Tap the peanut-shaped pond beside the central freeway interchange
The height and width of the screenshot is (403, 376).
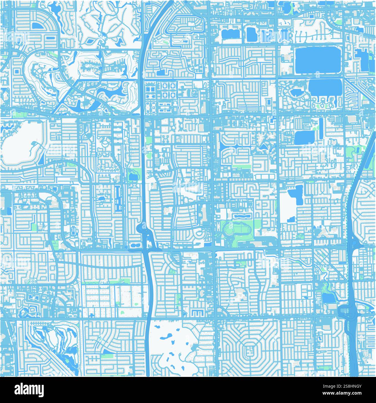point(133,246)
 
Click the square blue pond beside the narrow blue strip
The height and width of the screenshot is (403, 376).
point(304,137)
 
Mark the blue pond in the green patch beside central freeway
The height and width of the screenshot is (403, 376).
point(133,176)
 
